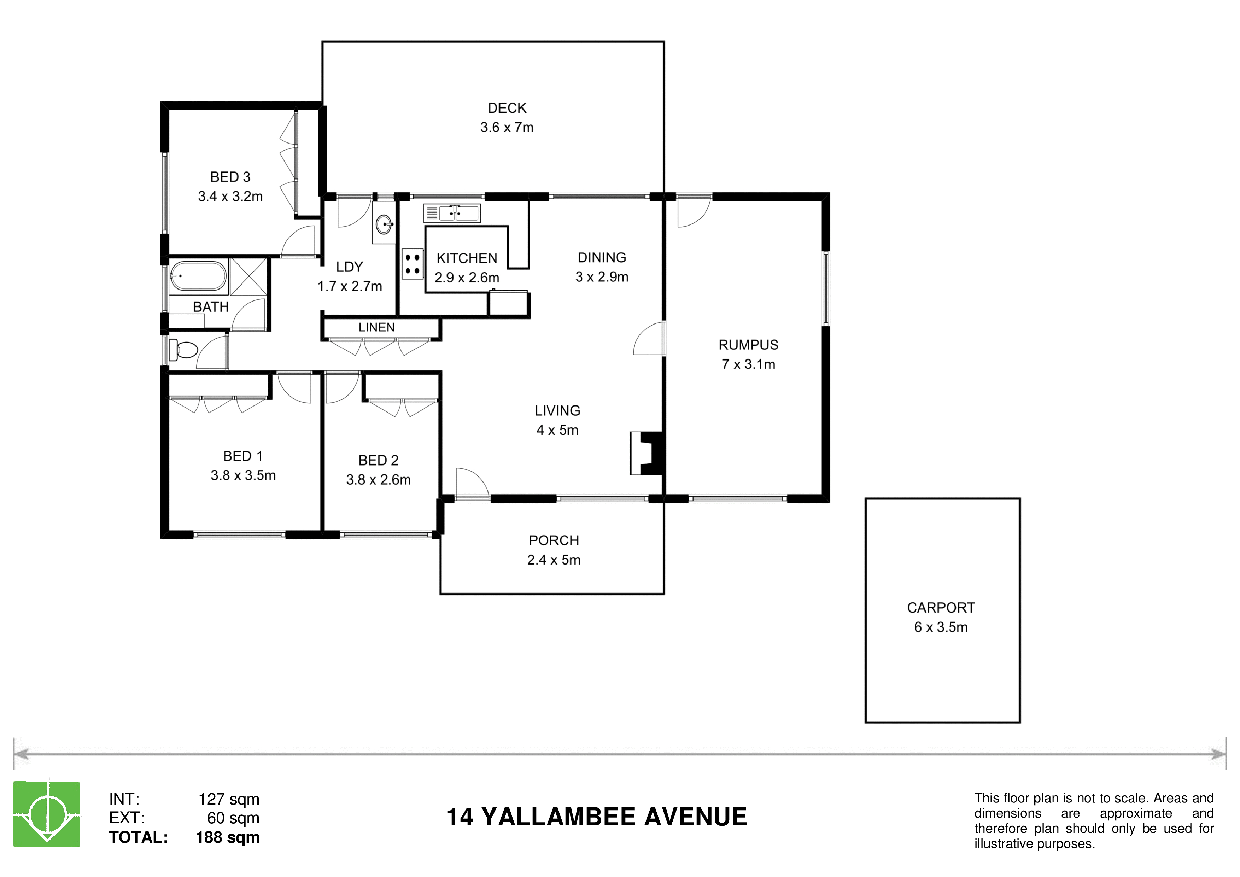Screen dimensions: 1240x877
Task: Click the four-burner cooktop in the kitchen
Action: [413, 264]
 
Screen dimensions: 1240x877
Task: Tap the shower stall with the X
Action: [248, 276]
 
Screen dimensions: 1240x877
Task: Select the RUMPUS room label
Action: [748, 345]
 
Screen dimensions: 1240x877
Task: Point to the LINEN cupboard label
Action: [376, 327]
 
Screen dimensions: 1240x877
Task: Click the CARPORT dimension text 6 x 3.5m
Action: [941, 627]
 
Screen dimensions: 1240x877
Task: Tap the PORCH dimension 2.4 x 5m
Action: [554, 560]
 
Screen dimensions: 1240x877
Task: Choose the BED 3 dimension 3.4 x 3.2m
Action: [230, 196]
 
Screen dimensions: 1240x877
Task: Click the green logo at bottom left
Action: [46, 814]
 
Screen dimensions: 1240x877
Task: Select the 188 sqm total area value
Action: [227, 837]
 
